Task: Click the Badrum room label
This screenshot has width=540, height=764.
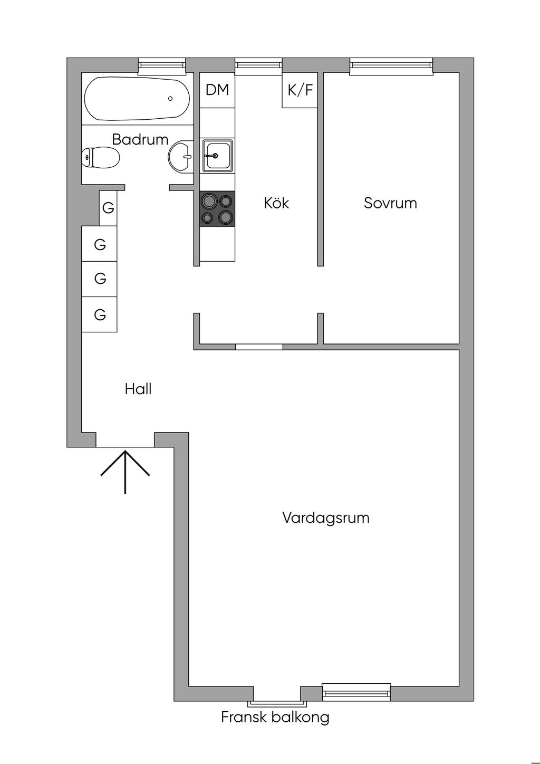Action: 140,139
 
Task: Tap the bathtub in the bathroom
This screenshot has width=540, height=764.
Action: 137,99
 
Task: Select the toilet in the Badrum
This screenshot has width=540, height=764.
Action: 101,158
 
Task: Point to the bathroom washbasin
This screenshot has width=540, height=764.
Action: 180,157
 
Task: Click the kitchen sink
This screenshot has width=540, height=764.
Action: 217,156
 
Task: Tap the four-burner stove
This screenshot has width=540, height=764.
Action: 217,208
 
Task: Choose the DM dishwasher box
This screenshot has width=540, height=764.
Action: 217,90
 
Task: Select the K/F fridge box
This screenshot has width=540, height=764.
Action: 300,90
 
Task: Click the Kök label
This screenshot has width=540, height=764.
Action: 276,203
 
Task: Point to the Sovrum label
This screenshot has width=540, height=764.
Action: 390,203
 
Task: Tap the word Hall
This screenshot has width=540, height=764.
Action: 138,389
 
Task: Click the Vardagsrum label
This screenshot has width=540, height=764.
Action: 326,518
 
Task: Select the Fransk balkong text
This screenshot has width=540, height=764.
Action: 275,717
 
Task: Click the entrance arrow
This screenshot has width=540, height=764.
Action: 125,472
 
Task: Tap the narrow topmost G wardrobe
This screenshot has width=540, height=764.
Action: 108,208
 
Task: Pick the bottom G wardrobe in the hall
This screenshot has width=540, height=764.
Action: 100,314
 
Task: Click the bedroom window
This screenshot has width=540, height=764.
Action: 391,66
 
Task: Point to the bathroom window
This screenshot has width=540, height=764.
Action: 162,66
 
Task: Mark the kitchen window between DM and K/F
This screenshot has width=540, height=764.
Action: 259,66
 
